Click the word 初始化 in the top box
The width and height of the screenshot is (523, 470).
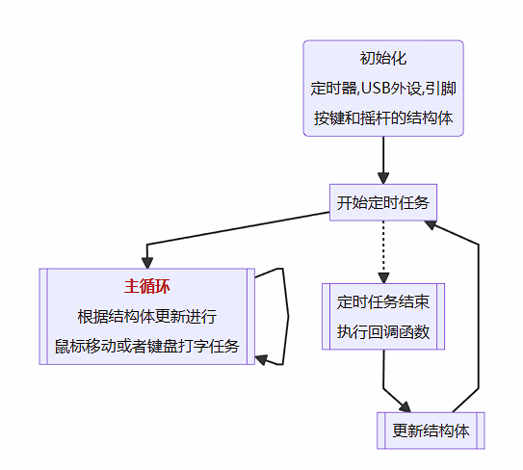(383, 59)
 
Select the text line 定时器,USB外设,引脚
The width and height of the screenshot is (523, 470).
(383, 89)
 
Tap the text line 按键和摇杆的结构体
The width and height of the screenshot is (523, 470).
(383, 119)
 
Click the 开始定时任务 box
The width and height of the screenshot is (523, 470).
(383, 203)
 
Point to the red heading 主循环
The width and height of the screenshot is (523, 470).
(147, 286)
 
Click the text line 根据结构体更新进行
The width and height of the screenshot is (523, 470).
(147, 316)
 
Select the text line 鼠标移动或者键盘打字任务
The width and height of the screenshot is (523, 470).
(147, 346)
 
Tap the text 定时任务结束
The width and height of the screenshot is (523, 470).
(383, 301)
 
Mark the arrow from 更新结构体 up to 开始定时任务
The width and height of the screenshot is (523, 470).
(479, 318)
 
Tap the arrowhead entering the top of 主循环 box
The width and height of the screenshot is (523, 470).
(147, 261)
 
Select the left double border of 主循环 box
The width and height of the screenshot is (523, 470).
(42, 316)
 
